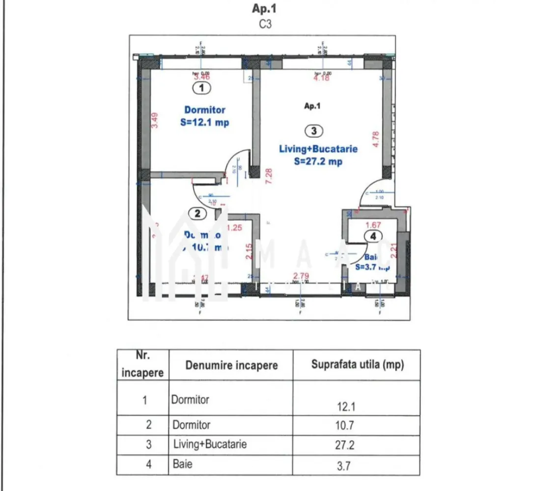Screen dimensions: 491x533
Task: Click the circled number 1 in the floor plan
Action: (x=201, y=88)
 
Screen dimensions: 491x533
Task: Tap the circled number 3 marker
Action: (x=313, y=131)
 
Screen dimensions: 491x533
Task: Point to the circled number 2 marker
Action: (x=197, y=214)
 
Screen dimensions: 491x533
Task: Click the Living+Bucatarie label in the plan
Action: (x=318, y=149)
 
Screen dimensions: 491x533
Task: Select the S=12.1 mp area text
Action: (x=204, y=123)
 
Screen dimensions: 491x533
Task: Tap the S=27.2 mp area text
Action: (x=318, y=162)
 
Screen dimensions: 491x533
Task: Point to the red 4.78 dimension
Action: (x=376, y=138)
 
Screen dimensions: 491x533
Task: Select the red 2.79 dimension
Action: (x=301, y=276)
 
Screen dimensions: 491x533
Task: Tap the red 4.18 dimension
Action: (x=321, y=77)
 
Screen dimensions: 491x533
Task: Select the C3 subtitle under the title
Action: (x=265, y=25)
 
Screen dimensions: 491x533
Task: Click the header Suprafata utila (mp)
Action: (x=358, y=365)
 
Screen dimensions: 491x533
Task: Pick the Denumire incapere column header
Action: (x=231, y=365)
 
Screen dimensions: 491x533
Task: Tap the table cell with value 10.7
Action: (x=343, y=425)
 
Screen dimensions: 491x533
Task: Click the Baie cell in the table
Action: (x=182, y=464)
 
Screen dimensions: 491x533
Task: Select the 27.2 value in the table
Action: (x=343, y=445)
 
